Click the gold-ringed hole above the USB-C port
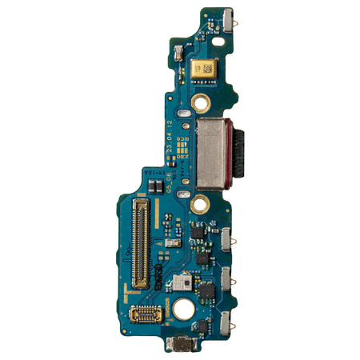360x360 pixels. (x=201, y=102)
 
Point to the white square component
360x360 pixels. (x=186, y=282)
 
